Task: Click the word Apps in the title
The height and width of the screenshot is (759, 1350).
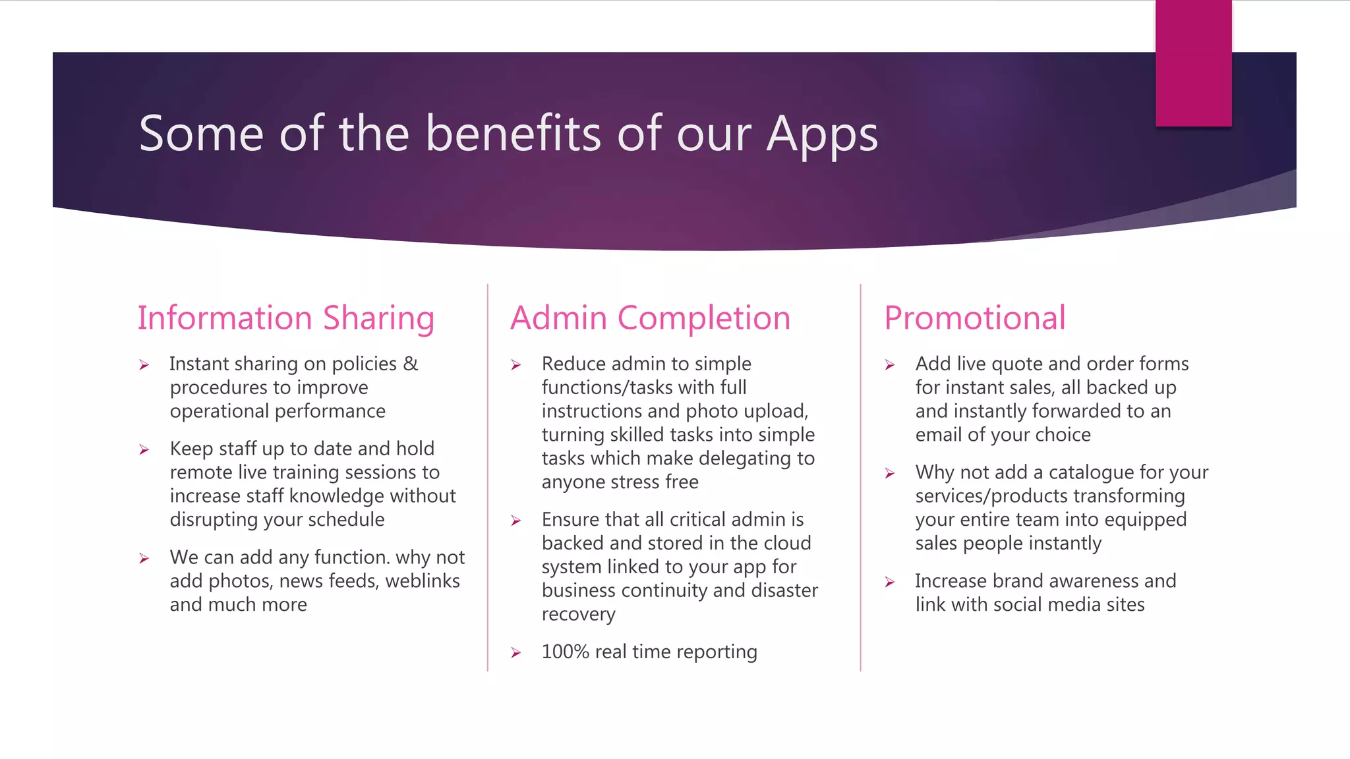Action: pos(821,135)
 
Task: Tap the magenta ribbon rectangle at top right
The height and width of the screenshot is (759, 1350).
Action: pos(1193,63)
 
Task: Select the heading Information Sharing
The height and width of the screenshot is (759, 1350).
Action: pos(285,318)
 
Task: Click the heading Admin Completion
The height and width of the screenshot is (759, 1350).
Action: pos(650,318)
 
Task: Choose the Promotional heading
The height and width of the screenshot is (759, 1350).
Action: pos(974,318)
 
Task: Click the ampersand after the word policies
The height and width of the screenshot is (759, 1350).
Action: pos(411,364)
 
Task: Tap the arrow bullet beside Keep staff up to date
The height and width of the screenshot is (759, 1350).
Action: pos(144,450)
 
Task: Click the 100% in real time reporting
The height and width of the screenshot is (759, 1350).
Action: pos(565,652)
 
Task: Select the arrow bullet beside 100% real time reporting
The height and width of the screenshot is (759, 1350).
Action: pos(516,653)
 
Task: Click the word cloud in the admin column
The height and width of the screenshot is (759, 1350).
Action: pos(787,543)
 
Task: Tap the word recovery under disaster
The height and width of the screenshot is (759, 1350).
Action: pos(578,614)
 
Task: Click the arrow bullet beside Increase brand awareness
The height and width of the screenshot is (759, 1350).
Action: pos(889,582)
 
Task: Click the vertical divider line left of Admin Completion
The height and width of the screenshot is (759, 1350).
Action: pos(488,478)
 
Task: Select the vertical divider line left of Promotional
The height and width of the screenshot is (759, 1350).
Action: pos(860,478)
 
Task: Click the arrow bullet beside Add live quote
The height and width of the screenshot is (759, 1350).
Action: pos(889,365)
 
